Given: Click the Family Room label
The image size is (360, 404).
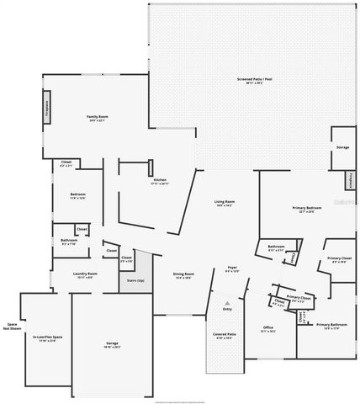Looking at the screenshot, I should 98,117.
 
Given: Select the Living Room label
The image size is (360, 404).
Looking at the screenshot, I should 224,203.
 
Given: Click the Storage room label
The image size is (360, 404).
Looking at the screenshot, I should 342,147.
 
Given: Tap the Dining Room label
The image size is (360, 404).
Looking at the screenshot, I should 183,274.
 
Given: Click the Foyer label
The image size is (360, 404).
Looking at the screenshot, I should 232,269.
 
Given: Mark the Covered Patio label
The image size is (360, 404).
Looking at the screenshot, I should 225,335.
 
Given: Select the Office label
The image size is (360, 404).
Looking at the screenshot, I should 268,328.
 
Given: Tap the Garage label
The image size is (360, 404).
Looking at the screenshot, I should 112,343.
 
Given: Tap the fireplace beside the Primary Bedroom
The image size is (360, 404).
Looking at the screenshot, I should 351,181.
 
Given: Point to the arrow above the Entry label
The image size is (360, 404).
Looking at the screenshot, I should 225,301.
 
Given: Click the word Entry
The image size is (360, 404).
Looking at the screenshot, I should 225,310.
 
